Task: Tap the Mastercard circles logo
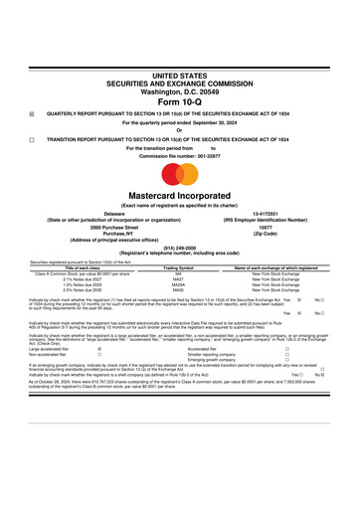point(180,171)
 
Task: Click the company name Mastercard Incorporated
point(180,196)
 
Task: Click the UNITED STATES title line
point(180,75)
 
